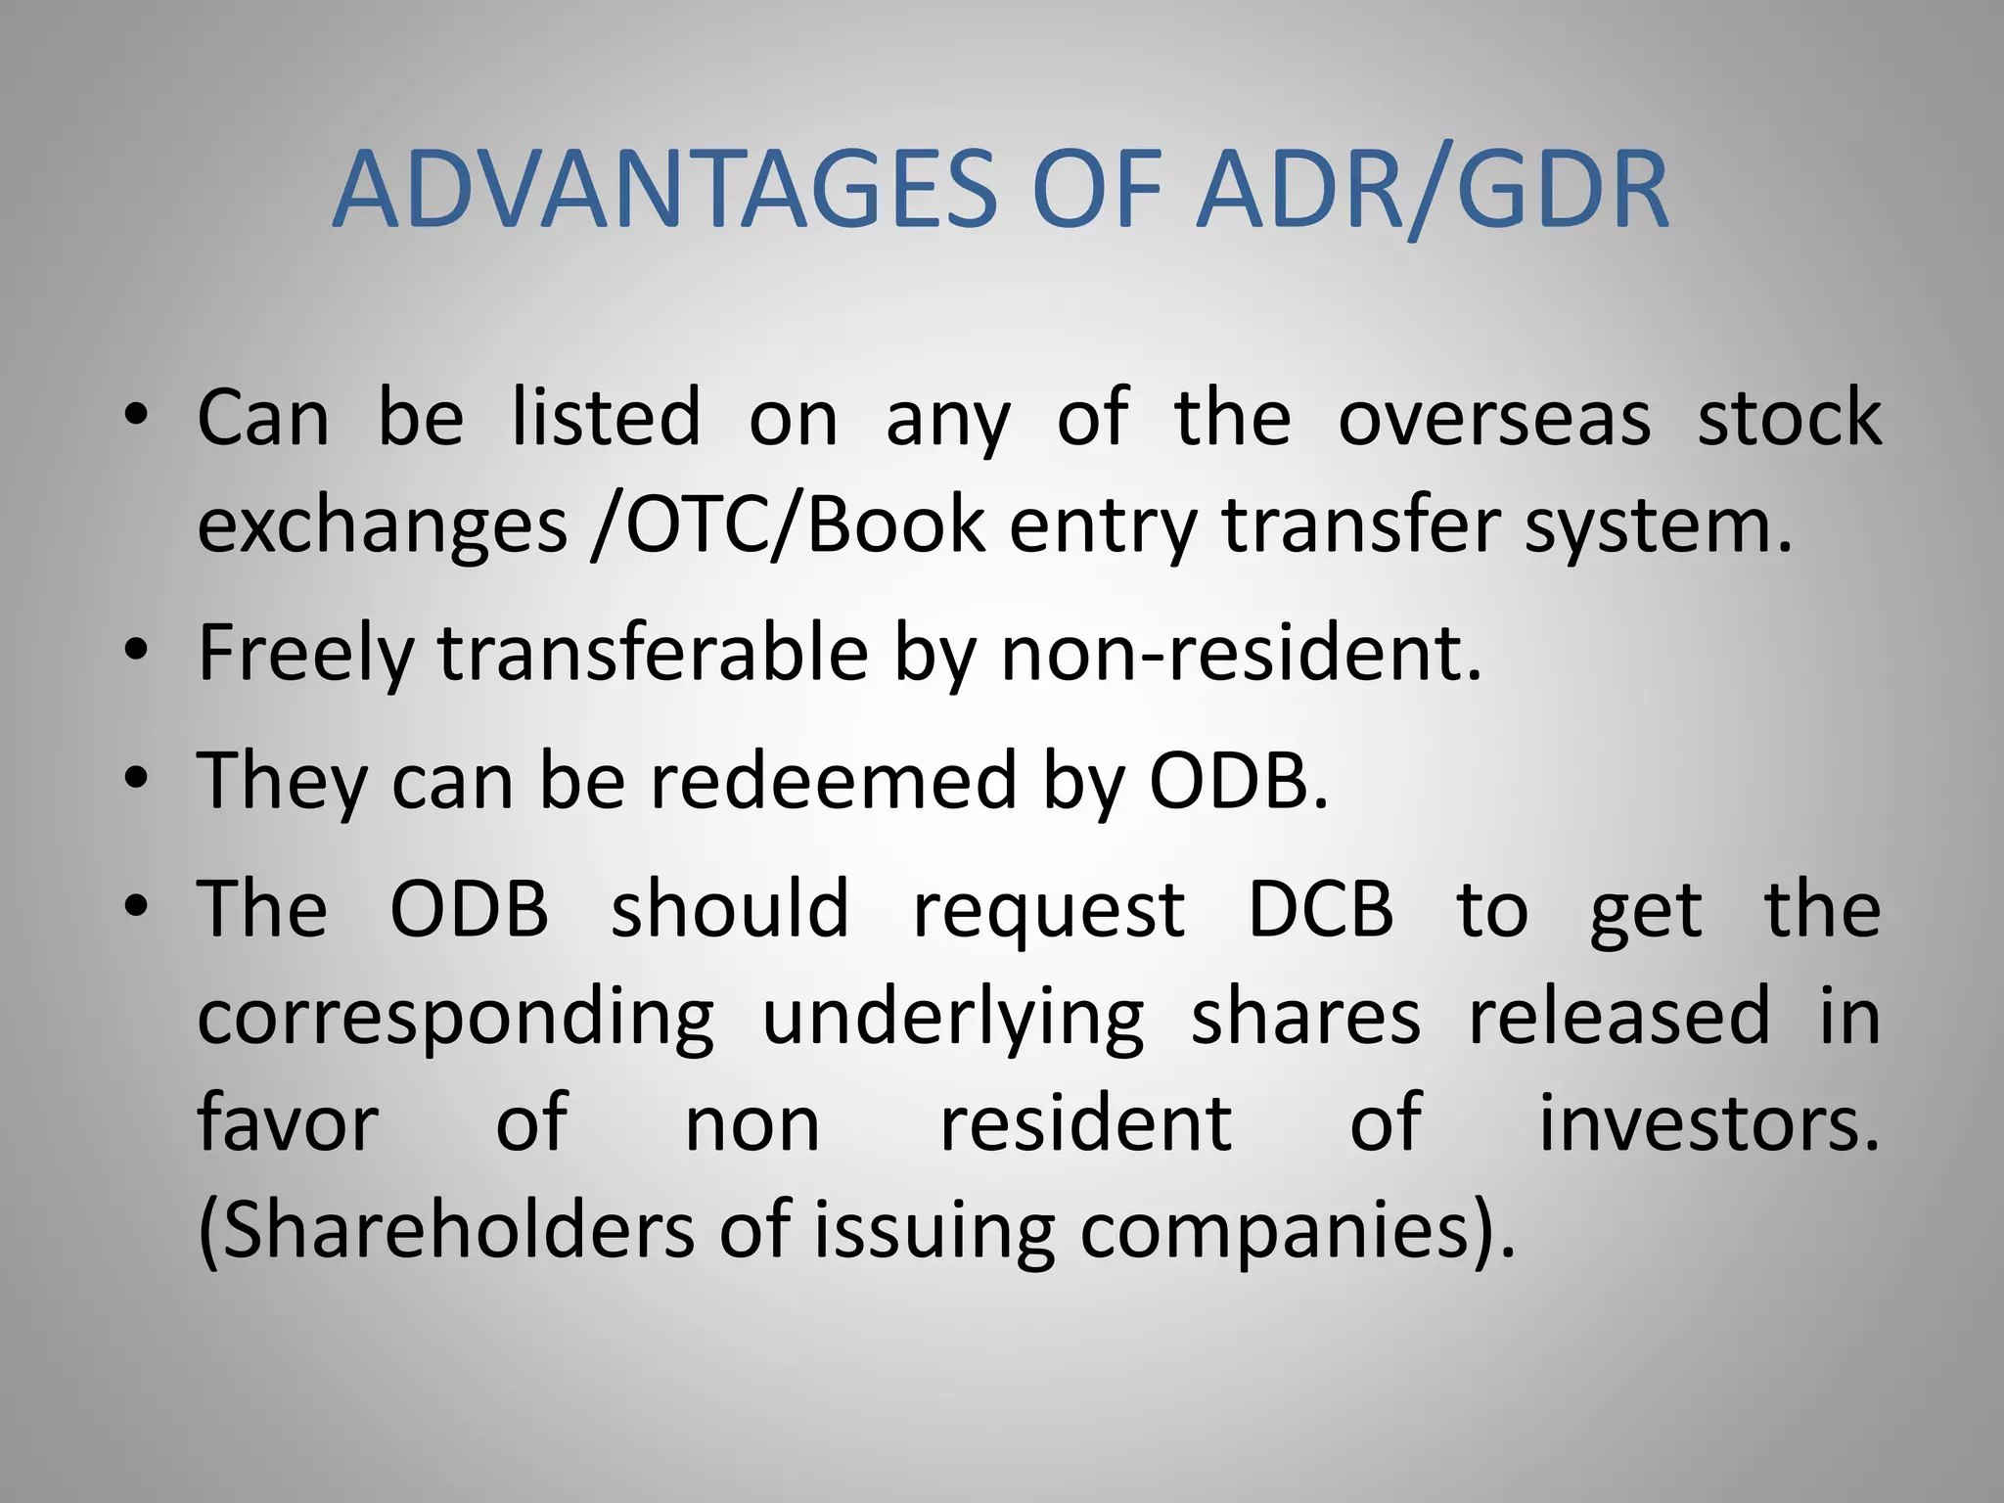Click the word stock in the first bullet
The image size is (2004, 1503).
pyautogui.click(x=1789, y=419)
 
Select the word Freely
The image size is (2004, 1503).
pyautogui.click(x=305, y=654)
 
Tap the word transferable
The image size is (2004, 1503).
pyautogui.click(x=653, y=654)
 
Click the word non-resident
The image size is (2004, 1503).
pyautogui.click(x=1240, y=654)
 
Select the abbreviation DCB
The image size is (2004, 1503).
pyautogui.click(x=1321, y=909)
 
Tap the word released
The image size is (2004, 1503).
pyautogui.click(x=1619, y=1016)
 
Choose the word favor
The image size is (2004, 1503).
pyautogui.click(x=288, y=1123)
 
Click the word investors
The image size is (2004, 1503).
pyautogui.click(x=1708, y=1123)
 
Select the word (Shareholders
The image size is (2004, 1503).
pyautogui.click(x=446, y=1231)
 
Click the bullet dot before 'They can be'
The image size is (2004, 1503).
pyautogui.click(x=137, y=780)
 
